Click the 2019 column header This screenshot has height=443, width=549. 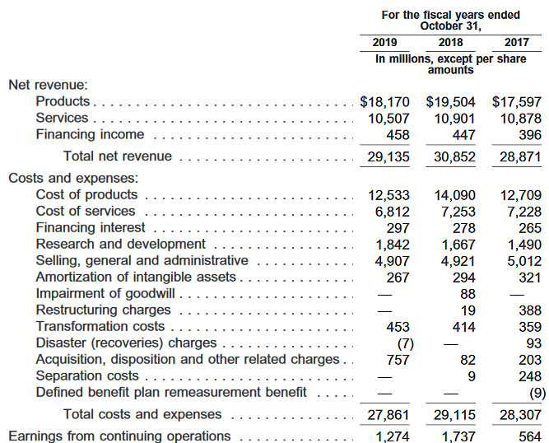point(384,42)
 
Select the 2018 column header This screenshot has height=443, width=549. point(450,42)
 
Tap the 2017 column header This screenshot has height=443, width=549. point(516,42)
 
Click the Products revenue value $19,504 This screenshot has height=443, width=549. point(450,102)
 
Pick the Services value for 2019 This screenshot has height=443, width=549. point(388,119)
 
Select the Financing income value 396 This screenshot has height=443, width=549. point(530,135)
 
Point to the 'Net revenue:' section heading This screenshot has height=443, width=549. point(48,85)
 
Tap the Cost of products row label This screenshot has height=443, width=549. point(86,194)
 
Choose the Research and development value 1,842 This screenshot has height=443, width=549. point(393,245)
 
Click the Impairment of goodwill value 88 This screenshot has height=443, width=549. point(468,294)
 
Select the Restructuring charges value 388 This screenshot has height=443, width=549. point(530,310)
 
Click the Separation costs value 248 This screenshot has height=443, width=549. point(530,376)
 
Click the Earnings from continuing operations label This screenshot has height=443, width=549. point(119,436)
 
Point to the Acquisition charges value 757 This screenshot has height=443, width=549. point(397,360)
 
